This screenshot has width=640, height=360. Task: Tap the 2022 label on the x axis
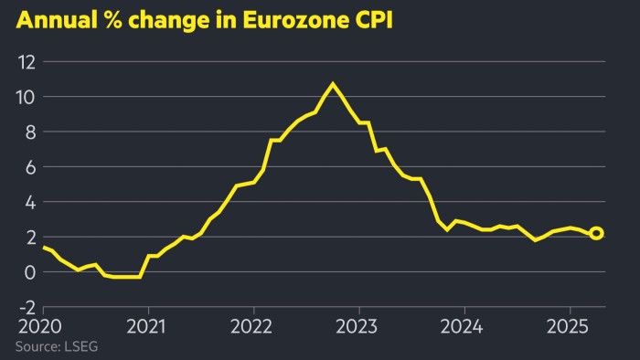253,326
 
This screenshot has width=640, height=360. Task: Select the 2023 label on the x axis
358,326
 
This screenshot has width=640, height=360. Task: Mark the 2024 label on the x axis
464,326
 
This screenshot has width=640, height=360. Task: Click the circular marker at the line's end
596,234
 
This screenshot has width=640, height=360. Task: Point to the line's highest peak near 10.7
332,84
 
